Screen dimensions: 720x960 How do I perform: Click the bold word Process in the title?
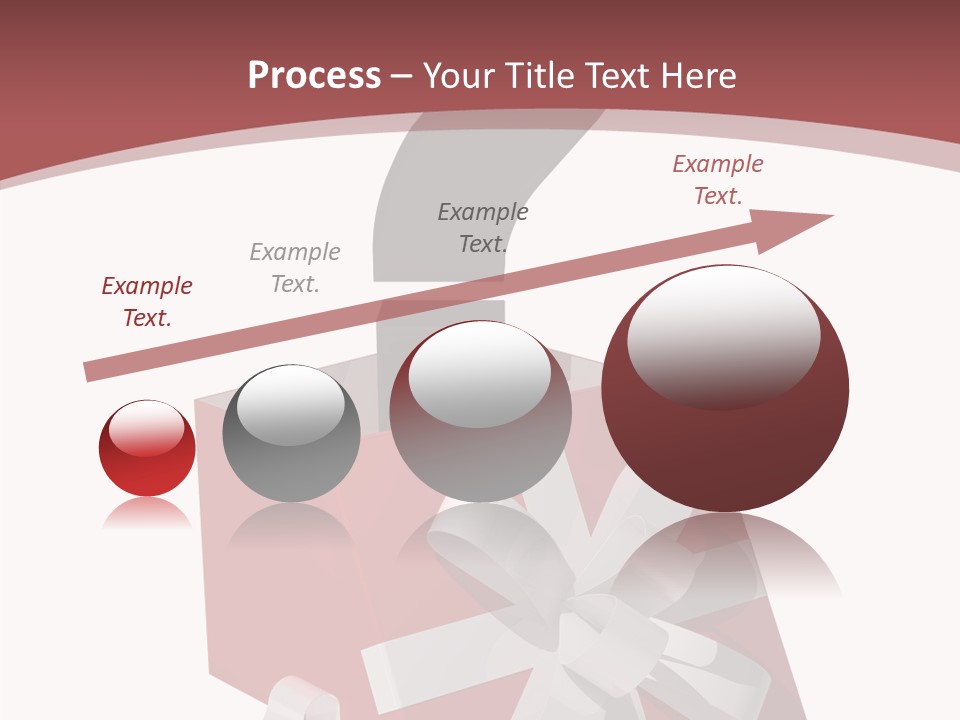(x=314, y=76)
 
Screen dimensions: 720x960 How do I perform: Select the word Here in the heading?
(x=697, y=76)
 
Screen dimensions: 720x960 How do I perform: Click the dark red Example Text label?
(x=147, y=302)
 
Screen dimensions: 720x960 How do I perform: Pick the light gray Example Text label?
(x=295, y=268)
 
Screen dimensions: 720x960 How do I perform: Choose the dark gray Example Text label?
(x=483, y=228)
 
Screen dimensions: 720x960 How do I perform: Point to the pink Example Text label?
(x=717, y=180)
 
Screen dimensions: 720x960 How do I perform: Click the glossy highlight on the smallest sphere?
(x=146, y=427)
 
